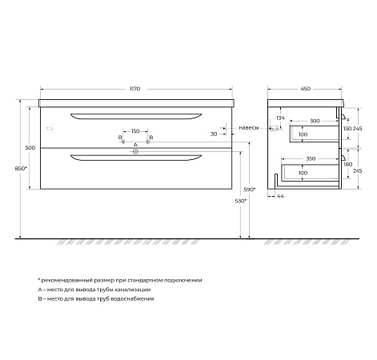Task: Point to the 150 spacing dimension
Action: pyautogui.click(x=136, y=130)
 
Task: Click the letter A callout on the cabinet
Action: pyautogui.click(x=136, y=144)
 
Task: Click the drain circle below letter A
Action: pyautogui.click(x=136, y=150)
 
